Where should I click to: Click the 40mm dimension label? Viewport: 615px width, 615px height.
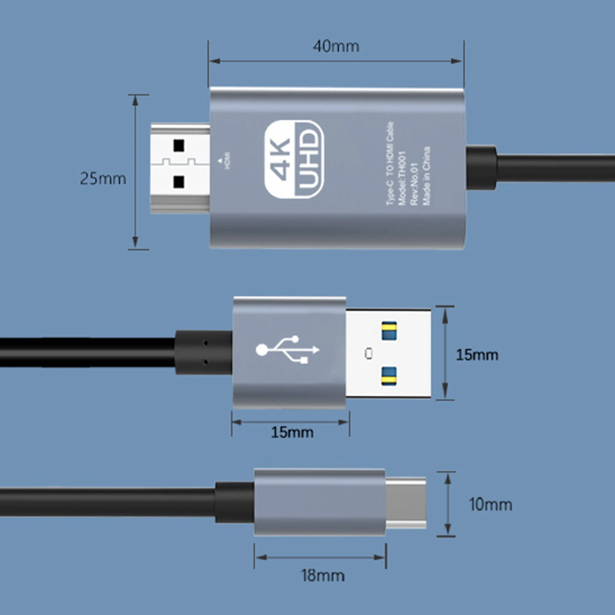tap(336, 47)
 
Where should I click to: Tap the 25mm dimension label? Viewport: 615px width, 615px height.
tap(103, 179)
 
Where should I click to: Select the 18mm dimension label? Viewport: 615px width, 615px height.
tap(323, 576)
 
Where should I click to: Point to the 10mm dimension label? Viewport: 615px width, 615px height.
tap(490, 504)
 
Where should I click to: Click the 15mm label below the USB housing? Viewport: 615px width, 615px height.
tap(292, 432)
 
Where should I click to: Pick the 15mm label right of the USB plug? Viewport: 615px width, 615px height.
tap(477, 355)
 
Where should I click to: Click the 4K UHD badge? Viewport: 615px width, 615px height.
tap(294, 159)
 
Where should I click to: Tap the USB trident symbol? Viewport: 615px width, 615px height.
tap(288, 349)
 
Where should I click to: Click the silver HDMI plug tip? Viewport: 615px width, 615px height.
tap(180, 168)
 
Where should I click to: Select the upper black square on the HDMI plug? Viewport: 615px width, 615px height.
tap(179, 145)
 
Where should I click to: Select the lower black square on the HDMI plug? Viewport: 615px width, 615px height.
tap(179, 182)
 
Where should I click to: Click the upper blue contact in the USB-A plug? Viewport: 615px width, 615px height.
tap(389, 330)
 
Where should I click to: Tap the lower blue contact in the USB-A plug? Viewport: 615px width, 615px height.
tap(389, 376)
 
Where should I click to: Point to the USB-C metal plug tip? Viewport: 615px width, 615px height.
tap(406, 503)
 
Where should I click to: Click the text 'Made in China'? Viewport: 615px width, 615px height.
tap(427, 176)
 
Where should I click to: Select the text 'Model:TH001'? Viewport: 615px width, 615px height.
tap(402, 178)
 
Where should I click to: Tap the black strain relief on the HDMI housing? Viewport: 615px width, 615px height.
tap(482, 167)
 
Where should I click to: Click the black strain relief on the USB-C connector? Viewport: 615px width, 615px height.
tap(235, 502)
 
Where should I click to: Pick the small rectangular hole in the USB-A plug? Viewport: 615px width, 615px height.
tap(369, 353)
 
